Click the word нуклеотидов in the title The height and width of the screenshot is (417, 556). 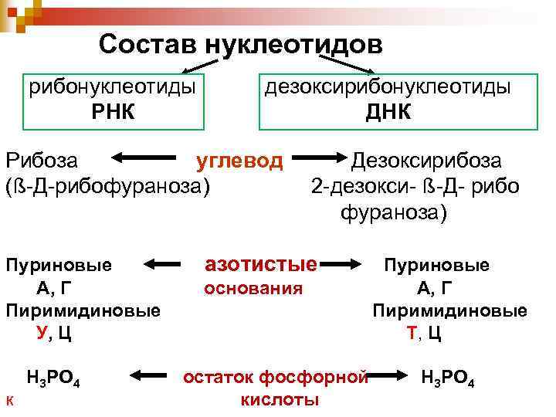tap(293, 45)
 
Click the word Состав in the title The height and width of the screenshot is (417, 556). tap(148, 44)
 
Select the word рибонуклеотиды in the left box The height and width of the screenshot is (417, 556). tap(112, 86)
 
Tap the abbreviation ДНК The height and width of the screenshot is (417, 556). tap(388, 113)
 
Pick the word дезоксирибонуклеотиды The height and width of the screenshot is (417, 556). tap(388, 86)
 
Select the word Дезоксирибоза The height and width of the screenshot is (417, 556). tap(426, 161)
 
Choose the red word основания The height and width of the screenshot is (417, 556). tap(253, 289)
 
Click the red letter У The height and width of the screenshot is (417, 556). tap(42, 333)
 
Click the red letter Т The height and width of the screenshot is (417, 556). tap(411, 333)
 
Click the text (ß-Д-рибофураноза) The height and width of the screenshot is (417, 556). tap(107, 186)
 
